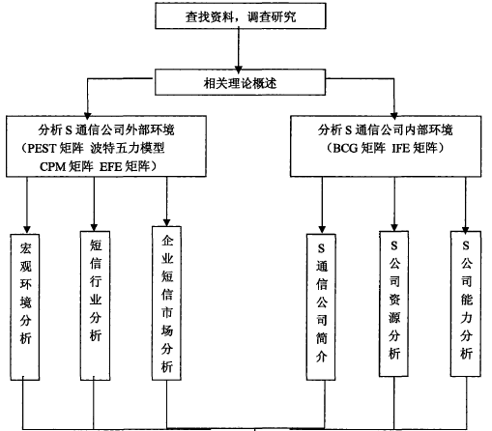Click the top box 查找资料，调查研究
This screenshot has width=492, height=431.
coord(241,15)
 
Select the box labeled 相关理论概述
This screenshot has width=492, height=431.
coord(240,82)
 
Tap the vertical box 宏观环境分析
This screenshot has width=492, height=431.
coord(25,307)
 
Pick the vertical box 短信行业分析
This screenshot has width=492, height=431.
coord(95,305)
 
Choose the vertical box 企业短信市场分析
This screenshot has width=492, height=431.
coord(166,303)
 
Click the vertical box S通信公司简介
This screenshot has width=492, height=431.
coord(321,307)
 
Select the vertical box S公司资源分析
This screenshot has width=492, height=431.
coord(394,303)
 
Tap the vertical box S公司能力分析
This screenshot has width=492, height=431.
coord(466,303)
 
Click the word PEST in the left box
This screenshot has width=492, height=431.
coord(42,149)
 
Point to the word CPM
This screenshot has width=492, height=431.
coord(53,167)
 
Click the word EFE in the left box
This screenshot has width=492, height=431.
coord(110,167)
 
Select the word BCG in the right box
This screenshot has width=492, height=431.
coord(345,148)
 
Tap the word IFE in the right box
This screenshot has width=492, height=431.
coord(401,148)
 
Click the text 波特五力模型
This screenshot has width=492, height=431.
coord(128,148)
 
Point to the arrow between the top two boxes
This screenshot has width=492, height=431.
coord(239,49)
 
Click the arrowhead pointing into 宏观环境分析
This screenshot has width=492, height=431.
coord(27,229)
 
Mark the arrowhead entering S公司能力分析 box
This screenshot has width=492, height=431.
coord(465,229)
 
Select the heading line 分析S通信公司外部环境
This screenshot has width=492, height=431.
coord(106,130)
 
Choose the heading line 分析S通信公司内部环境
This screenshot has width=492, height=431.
coord(386,130)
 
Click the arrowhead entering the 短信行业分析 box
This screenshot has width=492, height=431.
coord(94,227)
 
